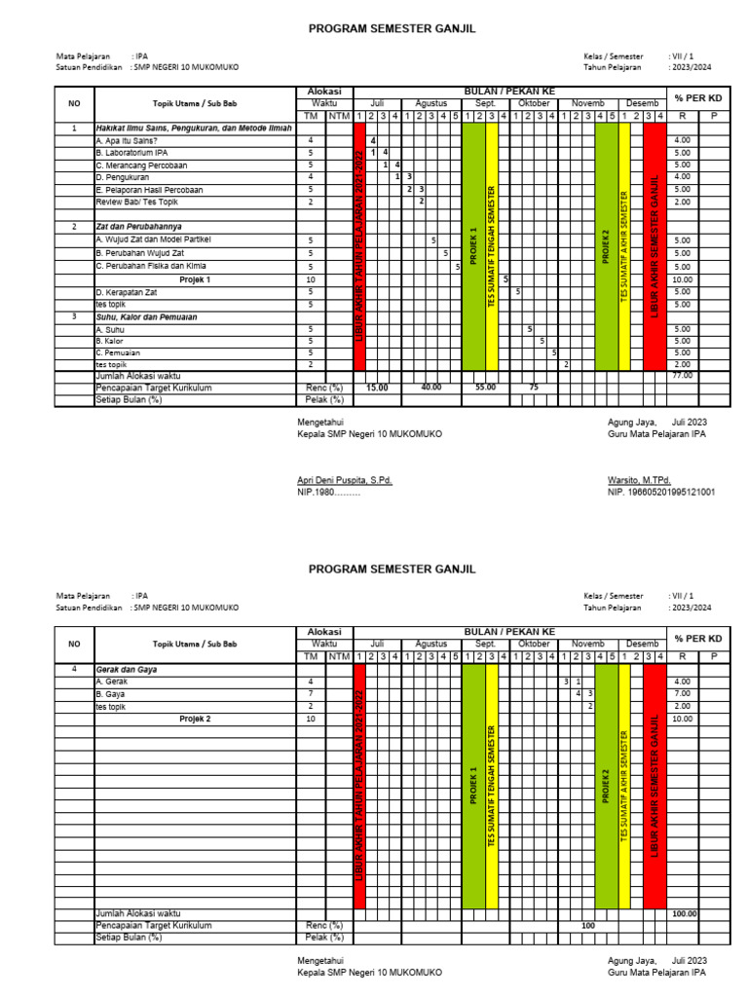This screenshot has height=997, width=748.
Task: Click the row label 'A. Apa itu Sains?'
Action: point(128,141)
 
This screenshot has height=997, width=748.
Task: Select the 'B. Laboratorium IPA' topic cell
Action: point(131,153)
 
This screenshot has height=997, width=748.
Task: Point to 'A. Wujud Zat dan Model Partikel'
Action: point(153,240)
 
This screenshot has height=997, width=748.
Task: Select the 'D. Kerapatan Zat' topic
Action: point(126,292)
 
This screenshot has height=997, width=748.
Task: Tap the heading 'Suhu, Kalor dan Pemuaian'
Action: point(145,317)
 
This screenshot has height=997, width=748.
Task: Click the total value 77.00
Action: point(682,375)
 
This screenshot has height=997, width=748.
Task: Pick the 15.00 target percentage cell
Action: point(376,388)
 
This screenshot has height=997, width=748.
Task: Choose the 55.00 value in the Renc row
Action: point(484,388)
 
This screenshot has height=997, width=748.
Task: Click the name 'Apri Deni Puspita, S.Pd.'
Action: point(345,480)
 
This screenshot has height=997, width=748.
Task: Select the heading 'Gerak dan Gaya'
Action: point(127,670)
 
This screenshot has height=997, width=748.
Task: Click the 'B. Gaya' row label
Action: point(110,694)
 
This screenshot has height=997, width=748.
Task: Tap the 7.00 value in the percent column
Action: point(682,694)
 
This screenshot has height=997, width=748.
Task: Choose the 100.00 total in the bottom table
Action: point(685,914)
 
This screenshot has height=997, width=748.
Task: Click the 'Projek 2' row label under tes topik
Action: point(195,719)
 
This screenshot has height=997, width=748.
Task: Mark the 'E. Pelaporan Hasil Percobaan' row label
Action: point(149,190)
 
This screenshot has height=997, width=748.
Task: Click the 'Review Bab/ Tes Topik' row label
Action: point(136,203)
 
